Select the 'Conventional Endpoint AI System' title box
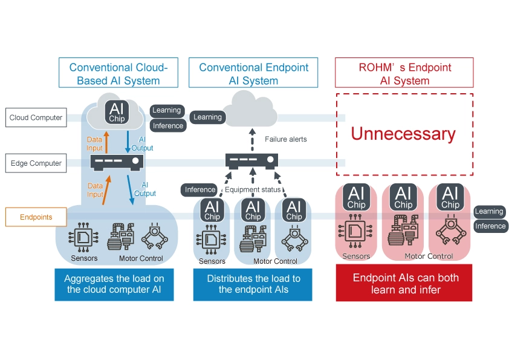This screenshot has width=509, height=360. point(253,74)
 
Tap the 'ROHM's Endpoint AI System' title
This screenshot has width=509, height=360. point(404,74)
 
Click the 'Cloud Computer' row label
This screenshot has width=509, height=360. point(36,118)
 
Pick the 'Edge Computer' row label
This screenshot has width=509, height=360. point(36,163)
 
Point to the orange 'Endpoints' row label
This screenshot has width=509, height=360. point(36,217)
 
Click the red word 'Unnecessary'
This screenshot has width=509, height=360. point(404,134)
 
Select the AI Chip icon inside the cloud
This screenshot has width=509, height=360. point(117,112)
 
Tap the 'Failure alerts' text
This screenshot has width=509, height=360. point(286,139)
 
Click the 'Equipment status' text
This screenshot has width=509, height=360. point(253,190)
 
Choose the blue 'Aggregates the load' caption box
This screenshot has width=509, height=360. point(114,284)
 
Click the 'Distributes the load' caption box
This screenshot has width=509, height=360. point(253,284)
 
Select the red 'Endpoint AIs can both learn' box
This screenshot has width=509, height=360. point(404,284)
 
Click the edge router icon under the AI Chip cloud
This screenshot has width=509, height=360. point(117,162)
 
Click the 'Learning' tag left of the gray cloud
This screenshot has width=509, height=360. point(207,117)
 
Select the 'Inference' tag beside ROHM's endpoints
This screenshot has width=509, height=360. point(490,226)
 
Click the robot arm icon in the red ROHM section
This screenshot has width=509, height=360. point(450,234)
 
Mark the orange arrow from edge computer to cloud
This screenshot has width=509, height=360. point(106,145)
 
